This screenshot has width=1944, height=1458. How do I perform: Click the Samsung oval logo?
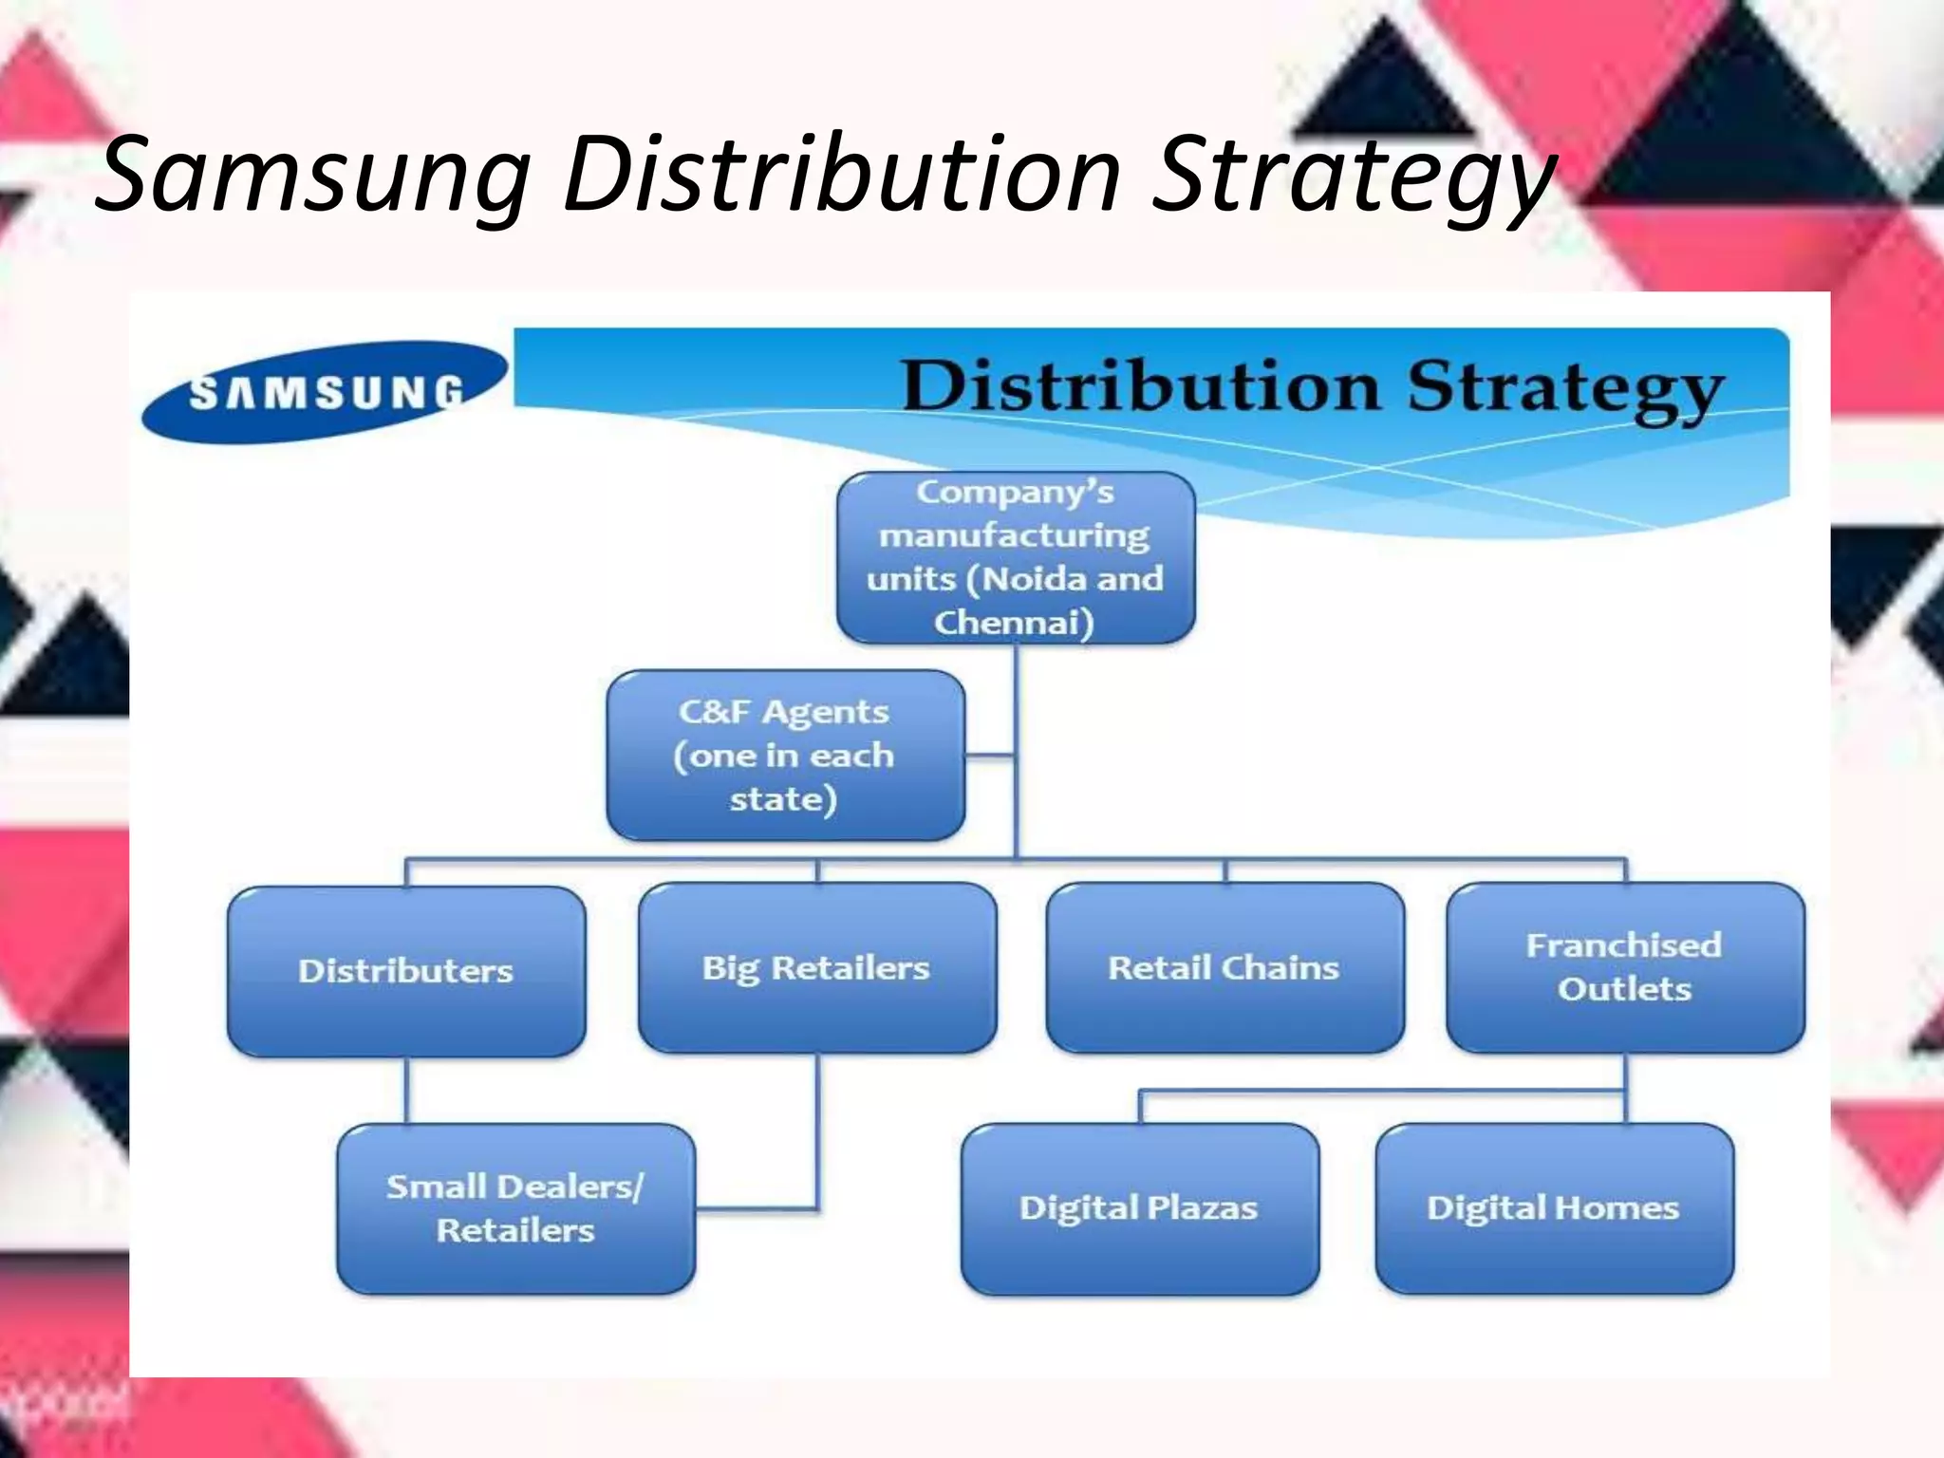tap(325, 391)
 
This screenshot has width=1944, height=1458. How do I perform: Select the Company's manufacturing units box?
tap(1015, 557)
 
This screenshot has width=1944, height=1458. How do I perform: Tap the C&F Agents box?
tap(785, 756)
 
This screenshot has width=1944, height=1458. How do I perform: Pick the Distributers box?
tap(406, 971)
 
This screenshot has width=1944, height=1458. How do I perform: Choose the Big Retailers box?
tap(816, 968)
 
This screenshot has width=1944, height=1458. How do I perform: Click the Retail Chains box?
tap(1224, 968)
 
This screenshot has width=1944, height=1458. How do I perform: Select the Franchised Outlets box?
tap(1624, 967)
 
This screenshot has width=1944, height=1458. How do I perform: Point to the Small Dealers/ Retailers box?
tap(515, 1208)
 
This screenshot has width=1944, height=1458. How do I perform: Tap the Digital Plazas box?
tap(1139, 1208)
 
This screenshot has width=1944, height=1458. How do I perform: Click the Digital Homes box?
tap(1554, 1208)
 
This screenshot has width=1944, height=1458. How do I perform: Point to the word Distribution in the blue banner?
tap(1141, 386)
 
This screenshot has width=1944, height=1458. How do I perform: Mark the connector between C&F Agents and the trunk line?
tap(990, 757)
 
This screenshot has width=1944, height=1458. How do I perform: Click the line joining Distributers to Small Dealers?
tap(406, 1090)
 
